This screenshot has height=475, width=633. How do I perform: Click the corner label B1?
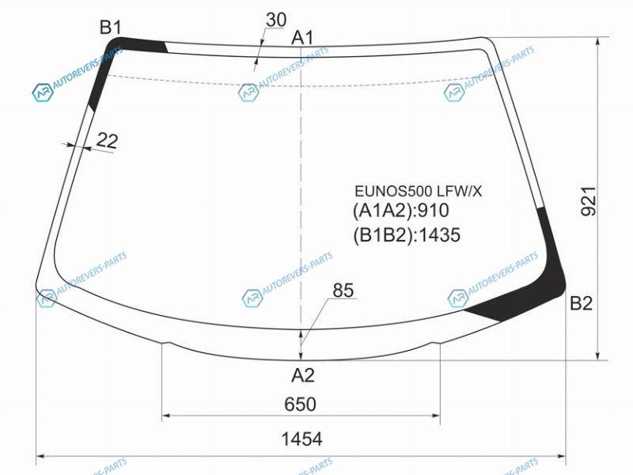tap(111, 28)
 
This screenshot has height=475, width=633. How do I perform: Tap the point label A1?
tap(302, 37)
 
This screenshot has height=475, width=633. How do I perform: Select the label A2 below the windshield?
tap(303, 375)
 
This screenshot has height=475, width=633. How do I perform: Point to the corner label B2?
tap(581, 303)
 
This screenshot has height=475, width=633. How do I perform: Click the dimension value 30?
tap(276, 20)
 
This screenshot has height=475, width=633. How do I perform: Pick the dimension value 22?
tap(108, 141)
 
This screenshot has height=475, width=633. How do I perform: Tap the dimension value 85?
tap(343, 290)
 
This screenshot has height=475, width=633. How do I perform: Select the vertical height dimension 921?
tap(588, 201)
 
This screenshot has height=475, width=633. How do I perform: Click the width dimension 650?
tap(300, 405)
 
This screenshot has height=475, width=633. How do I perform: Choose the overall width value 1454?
tap(301, 439)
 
